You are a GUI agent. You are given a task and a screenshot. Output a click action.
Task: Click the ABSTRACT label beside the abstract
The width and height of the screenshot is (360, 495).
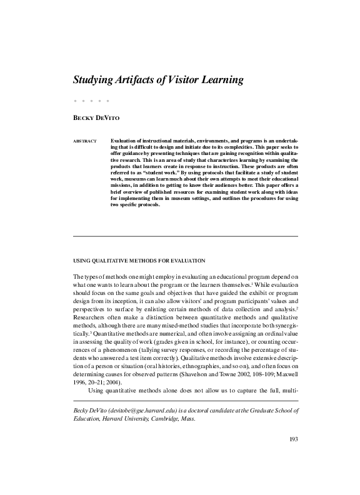pyautogui.click(x=85, y=141)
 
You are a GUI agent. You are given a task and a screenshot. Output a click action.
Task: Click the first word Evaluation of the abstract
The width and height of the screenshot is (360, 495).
pyautogui.click(x=124, y=141)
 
